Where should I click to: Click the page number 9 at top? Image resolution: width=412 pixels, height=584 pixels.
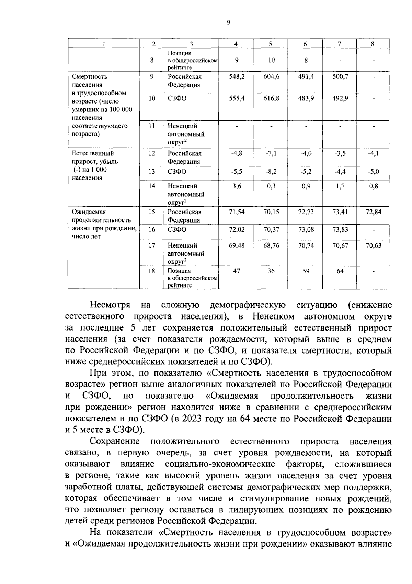[x=229, y=23]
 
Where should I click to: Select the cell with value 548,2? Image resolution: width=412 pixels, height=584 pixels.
[x=237, y=77]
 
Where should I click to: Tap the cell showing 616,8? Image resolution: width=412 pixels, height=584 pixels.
[x=271, y=99]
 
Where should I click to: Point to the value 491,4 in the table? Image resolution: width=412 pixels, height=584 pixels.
[x=306, y=77]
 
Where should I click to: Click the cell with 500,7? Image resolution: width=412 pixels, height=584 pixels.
[x=340, y=77]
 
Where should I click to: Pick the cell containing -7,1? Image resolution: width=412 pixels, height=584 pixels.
[x=271, y=154]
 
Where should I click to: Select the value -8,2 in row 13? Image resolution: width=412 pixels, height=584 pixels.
[x=271, y=172]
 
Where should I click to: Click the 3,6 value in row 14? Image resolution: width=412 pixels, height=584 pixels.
[x=237, y=186]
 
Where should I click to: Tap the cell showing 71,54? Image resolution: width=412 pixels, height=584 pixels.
[x=237, y=212]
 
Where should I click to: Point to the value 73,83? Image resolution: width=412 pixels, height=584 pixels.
[x=340, y=230]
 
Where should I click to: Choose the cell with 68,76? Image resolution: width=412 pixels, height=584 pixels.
[x=271, y=246]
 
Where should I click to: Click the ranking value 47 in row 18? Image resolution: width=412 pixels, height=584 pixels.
[x=237, y=271]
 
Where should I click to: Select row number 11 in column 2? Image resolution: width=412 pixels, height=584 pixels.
[x=152, y=126]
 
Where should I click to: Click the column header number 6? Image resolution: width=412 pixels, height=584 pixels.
[x=305, y=44]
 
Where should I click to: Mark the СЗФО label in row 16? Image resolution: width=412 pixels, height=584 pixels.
[x=177, y=230]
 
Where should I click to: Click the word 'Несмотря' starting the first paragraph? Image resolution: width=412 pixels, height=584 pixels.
[x=110, y=305]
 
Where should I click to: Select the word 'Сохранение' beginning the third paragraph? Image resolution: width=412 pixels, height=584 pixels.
[x=115, y=441]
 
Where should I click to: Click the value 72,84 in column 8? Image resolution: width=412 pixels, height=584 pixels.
[x=373, y=212]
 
